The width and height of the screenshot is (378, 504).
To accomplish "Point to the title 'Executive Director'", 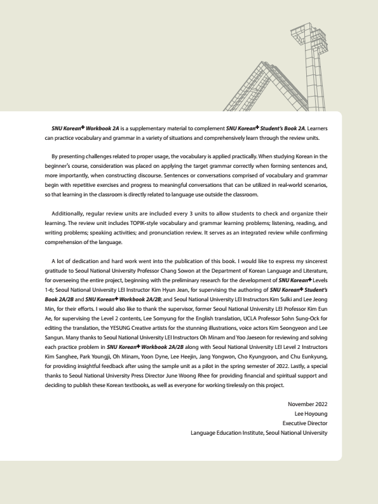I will pos(305,423).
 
